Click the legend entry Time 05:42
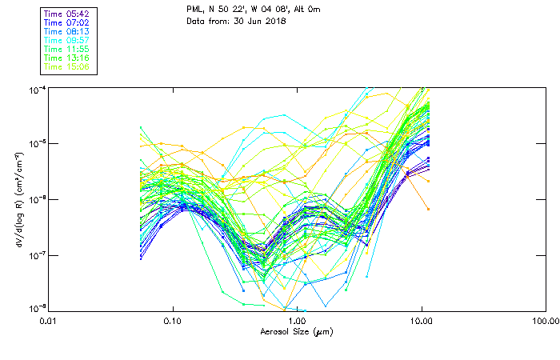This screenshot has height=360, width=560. [x=67, y=14]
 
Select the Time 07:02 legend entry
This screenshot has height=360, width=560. [x=67, y=22]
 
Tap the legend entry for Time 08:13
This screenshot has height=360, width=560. [x=67, y=31]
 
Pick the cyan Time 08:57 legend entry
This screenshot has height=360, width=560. [x=67, y=40]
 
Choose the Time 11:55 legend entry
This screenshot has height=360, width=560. [x=67, y=49]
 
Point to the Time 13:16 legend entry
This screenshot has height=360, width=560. [x=67, y=58]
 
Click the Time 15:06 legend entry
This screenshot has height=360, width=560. [x=67, y=66]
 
